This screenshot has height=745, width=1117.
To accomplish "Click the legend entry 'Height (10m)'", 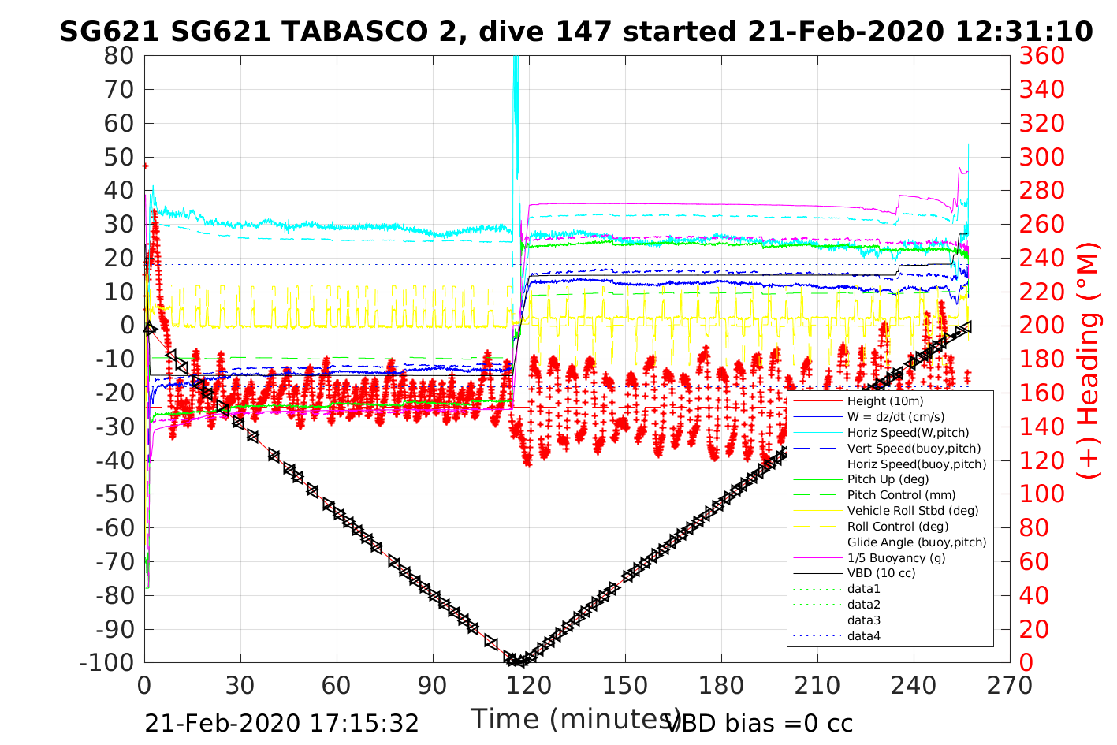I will (885, 401).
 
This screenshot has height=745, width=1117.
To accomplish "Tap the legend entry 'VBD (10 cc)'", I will (881, 573).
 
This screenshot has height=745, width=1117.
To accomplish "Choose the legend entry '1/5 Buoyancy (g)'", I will (896, 557).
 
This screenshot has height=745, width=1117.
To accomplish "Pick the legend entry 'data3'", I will (863, 620).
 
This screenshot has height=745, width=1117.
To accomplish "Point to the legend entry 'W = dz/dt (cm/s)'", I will (895, 417).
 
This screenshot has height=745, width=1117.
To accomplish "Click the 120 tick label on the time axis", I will (529, 685).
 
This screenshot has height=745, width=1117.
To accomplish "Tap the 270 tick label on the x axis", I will (1010, 685).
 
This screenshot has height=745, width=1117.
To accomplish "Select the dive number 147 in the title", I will (586, 32).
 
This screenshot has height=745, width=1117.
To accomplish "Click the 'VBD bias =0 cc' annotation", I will (760, 723).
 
